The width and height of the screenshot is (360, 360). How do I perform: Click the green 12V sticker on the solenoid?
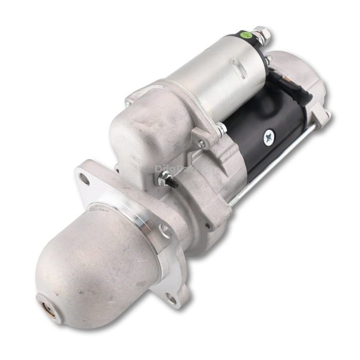point(246,35)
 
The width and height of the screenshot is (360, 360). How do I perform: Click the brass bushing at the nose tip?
point(47,304)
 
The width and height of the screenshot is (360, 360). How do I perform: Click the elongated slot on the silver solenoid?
point(238,67)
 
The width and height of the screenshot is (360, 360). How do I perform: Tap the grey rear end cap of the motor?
point(303,82)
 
